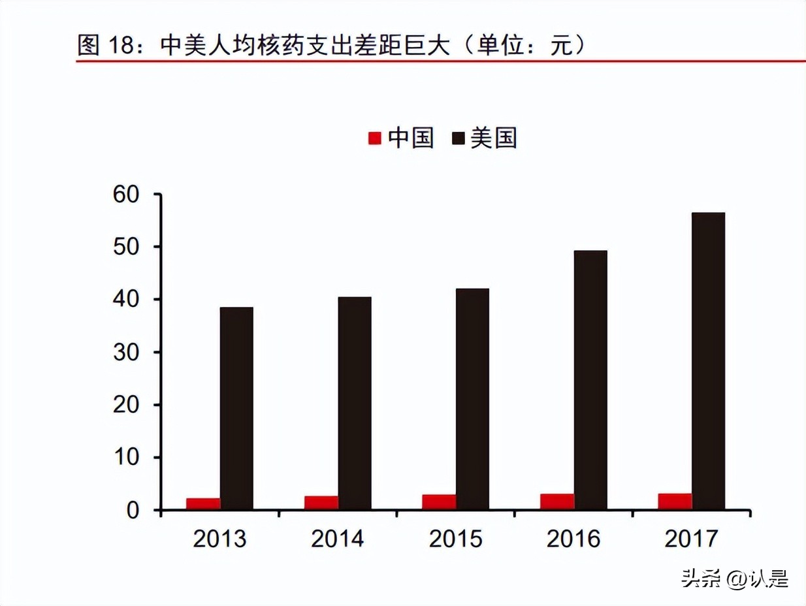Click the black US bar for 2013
click(x=236, y=408)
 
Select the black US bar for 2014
click(x=355, y=403)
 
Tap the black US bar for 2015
click(x=472, y=398)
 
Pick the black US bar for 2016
click(x=590, y=379)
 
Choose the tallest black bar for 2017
click(x=708, y=360)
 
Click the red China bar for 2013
click(x=203, y=503)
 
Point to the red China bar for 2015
click(x=439, y=502)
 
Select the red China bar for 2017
click(x=675, y=501)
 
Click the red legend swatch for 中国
click(x=375, y=138)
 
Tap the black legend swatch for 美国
click(x=458, y=138)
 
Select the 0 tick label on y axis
click(x=133, y=510)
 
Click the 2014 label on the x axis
click(x=338, y=539)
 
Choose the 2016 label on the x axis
click(x=573, y=539)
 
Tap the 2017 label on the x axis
click(x=691, y=539)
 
